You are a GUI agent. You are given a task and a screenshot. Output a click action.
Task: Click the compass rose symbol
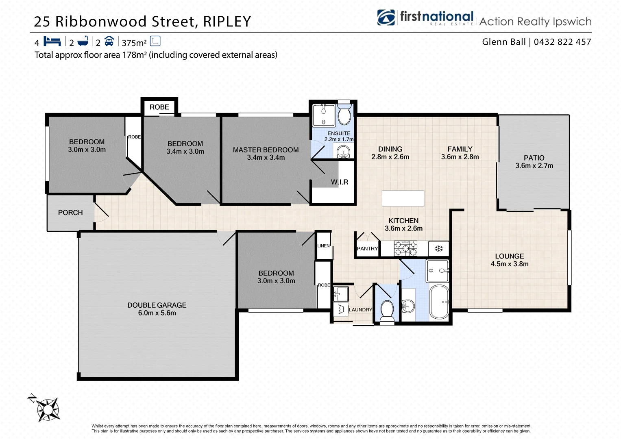coord(47,409)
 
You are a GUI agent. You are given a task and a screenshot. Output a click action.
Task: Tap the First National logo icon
coord(386,18)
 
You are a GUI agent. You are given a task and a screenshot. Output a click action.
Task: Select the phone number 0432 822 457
coord(562,42)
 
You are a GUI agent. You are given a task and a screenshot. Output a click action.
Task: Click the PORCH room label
coord(70,213)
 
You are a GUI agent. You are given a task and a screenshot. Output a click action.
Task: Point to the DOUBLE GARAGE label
coord(157,305)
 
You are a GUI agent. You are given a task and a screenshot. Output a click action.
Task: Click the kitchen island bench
coord(403,198)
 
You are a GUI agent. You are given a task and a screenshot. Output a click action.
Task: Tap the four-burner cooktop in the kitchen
coord(405,248)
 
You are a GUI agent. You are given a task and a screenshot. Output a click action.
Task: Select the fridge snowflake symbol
coord(438,248)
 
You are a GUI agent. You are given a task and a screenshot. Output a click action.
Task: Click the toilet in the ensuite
coord(344,115)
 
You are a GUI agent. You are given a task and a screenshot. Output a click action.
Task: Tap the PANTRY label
coord(367,249)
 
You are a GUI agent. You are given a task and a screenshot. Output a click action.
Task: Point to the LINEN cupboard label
coord(323,246)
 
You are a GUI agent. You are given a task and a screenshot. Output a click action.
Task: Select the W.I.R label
coord(339,182)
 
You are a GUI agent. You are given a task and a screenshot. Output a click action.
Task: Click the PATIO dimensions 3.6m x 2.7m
coord(534,166)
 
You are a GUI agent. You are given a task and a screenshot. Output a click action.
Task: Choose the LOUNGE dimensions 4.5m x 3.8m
coord(509,264)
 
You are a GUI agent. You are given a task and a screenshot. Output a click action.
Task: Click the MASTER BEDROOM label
coord(266,150)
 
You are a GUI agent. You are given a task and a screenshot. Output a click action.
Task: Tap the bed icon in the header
coord(52,41)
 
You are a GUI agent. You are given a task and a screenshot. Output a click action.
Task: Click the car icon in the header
coord(109,41)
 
